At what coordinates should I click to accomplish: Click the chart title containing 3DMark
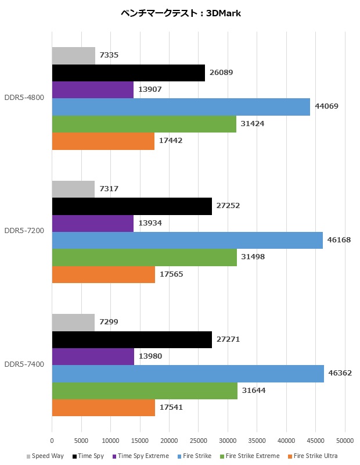(180, 13)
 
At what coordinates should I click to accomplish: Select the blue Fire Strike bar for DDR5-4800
(181, 107)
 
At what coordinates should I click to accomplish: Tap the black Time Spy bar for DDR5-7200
(132, 206)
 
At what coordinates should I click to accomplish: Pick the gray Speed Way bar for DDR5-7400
(73, 322)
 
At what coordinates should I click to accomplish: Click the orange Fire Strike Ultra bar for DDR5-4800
(103, 141)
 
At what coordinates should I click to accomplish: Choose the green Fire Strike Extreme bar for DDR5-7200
(145, 257)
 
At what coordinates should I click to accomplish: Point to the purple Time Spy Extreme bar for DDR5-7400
(93, 356)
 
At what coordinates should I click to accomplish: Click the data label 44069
(327, 106)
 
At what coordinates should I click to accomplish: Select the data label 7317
(109, 189)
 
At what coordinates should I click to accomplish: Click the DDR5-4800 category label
(25, 98)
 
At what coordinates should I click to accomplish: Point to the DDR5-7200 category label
(25, 231)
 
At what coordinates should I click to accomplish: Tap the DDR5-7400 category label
(25, 365)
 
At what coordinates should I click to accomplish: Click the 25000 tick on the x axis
(198, 441)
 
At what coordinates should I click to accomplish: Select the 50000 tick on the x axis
(344, 441)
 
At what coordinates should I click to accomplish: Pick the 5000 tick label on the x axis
(81, 441)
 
